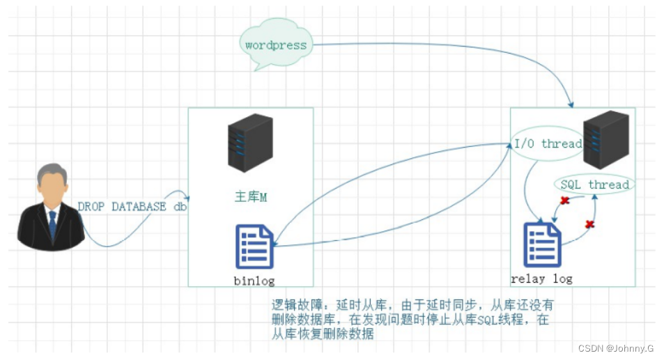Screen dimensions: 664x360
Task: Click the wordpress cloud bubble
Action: [275, 45]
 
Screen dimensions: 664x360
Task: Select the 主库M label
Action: [251, 198]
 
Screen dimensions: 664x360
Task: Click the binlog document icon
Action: [254, 246]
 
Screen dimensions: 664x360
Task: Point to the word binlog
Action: [254, 281]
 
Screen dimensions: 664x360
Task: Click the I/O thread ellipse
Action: [547, 144]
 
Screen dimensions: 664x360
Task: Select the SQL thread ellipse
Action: [594, 185]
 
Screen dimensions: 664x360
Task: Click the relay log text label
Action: [541, 279]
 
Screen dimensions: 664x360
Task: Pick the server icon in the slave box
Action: [605, 141]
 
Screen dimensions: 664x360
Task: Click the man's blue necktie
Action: [52, 224]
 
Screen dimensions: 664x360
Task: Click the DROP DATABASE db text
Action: [132, 207]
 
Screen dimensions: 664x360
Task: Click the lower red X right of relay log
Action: [589, 224]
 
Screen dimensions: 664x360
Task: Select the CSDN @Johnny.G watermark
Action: [616, 348]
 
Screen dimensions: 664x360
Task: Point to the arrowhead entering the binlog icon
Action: [276, 244]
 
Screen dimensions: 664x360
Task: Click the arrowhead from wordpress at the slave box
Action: [571, 105]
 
